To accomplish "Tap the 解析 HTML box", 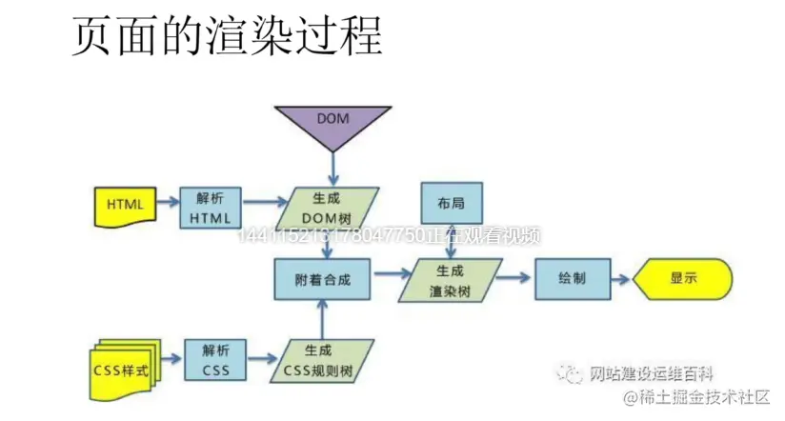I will tap(211, 208).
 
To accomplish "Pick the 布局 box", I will tap(452, 204).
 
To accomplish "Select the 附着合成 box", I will tap(324, 278).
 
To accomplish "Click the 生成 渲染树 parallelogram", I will tap(451, 279).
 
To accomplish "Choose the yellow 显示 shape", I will tap(682, 279).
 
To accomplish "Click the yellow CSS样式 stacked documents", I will tap(125, 364).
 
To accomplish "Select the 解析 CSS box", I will tap(214, 359).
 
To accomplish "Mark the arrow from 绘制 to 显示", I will tap(619, 280).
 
